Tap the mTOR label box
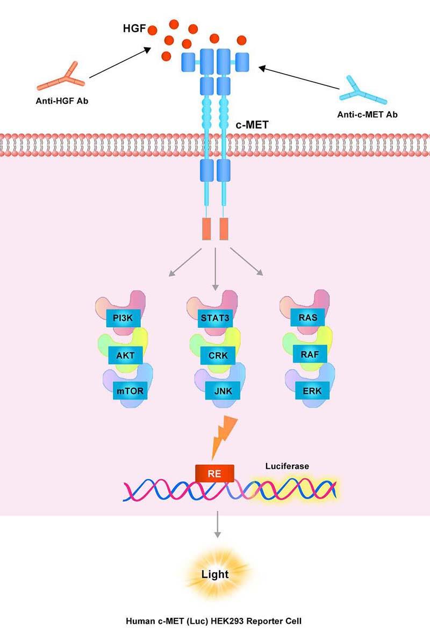pos(130,391)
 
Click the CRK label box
pos(215,354)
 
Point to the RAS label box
pos(307,318)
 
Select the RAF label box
pos(307,354)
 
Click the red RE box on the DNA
pos(215,473)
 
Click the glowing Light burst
pos(215,575)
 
